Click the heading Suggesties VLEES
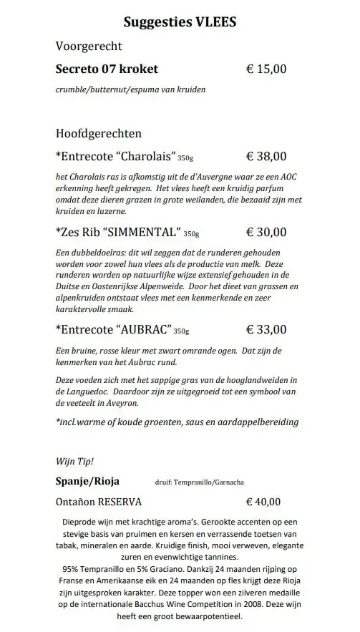180,22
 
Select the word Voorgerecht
89,47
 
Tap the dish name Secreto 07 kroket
107,69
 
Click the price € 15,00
266,69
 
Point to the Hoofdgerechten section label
98,133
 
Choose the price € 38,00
266,156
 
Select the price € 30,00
266,232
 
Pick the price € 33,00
266,330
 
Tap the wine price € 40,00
266,502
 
